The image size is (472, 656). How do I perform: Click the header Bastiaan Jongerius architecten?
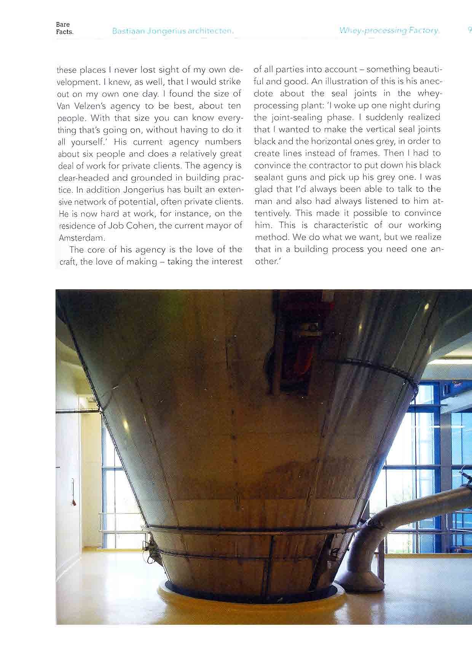(172, 31)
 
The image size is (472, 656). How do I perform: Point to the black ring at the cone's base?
(251, 598)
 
